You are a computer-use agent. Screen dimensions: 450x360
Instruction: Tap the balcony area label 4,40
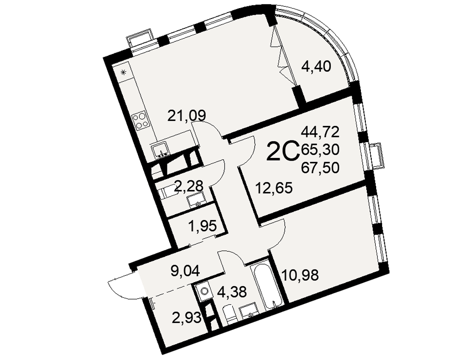pos(316,67)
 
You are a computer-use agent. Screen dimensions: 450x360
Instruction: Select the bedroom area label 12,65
pos(274,189)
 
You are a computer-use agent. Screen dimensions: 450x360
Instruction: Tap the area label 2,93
pos(186,318)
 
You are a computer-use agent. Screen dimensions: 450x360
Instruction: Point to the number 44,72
pos(320,132)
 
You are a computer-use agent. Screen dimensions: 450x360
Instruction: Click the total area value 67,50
pos(320,167)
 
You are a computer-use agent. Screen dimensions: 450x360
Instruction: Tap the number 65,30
pos(320,149)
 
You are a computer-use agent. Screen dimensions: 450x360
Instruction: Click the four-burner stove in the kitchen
pos(140,121)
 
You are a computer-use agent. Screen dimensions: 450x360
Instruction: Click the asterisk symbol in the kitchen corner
pos(124,72)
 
